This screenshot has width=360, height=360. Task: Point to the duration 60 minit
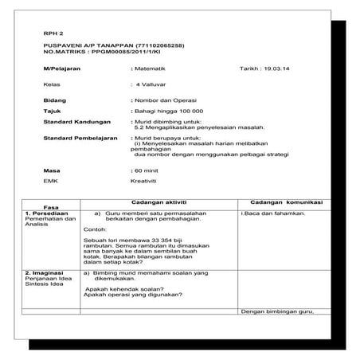tap(152, 170)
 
